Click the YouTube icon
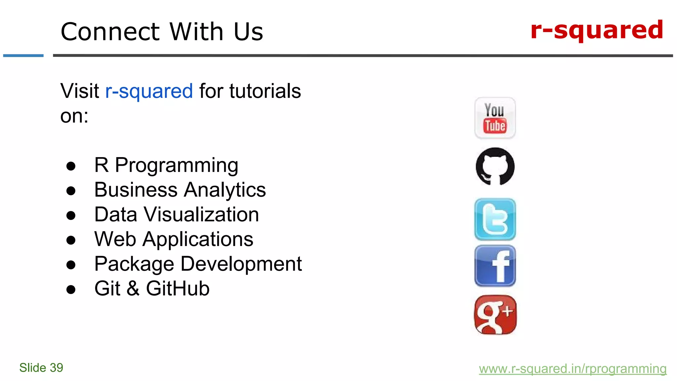(495, 118)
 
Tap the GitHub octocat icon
(495, 166)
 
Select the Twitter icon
(495, 219)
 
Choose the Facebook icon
(495, 266)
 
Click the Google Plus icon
(495, 315)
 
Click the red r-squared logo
(597, 30)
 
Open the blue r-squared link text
(149, 91)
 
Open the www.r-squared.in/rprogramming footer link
(573, 368)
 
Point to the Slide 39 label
(41, 367)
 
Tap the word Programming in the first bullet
(177, 165)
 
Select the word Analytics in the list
(225, 190)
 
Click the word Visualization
(201, 214)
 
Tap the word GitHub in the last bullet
(178, 288)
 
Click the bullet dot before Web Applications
(71, 240)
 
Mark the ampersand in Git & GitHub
(133, 288)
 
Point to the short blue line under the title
(23, 56)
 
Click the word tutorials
(265, 91)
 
